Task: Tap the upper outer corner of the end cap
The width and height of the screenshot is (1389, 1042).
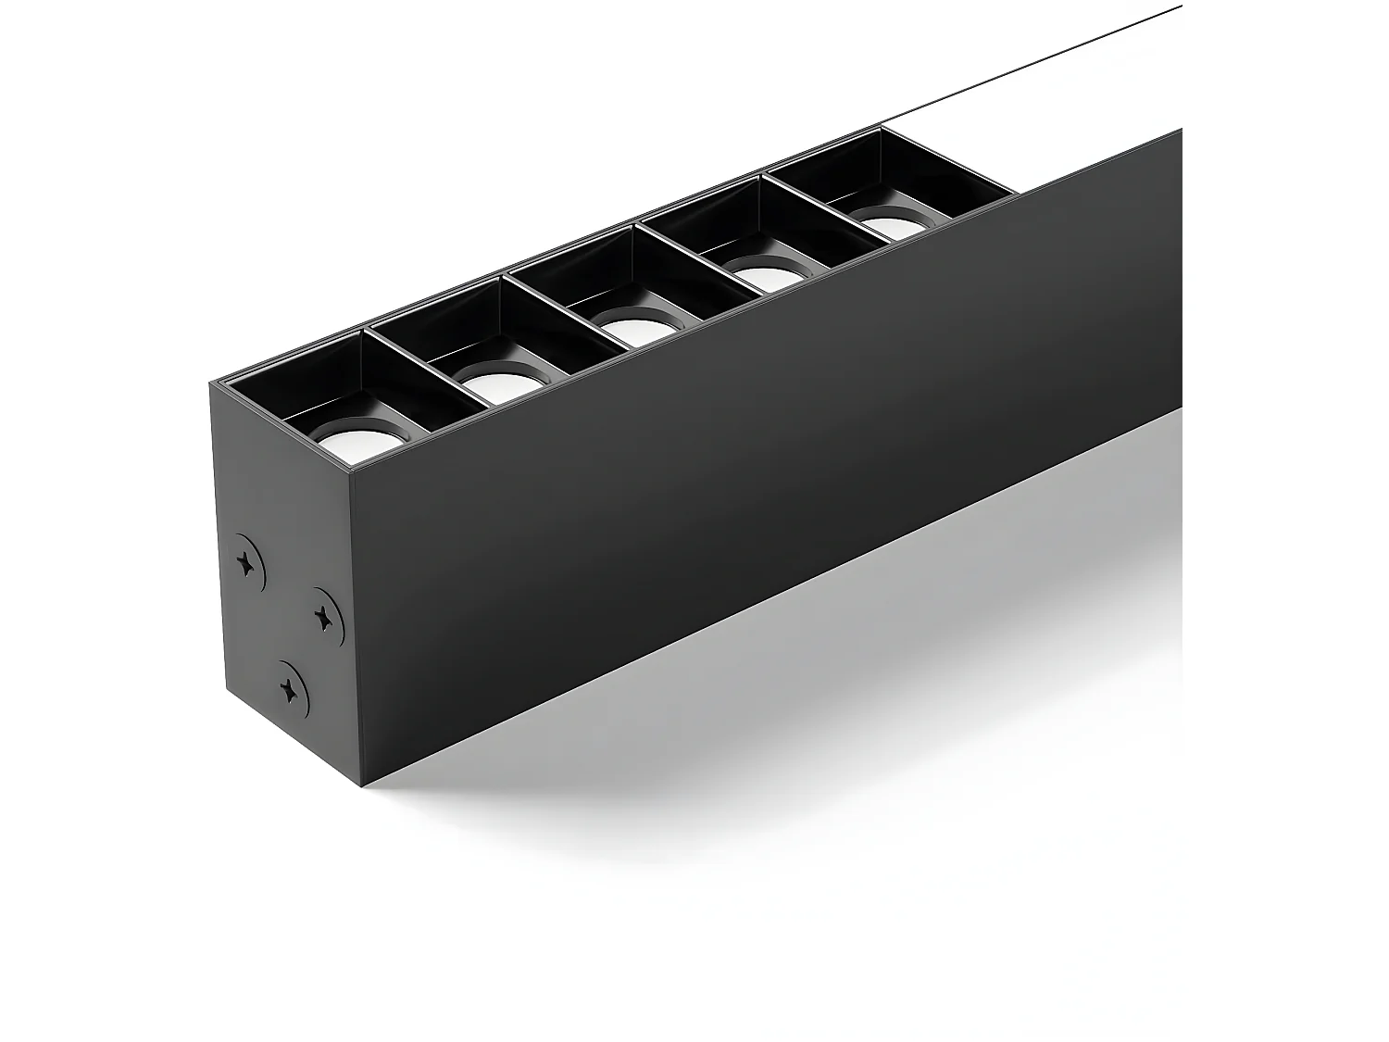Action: [x=211, y=382]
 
